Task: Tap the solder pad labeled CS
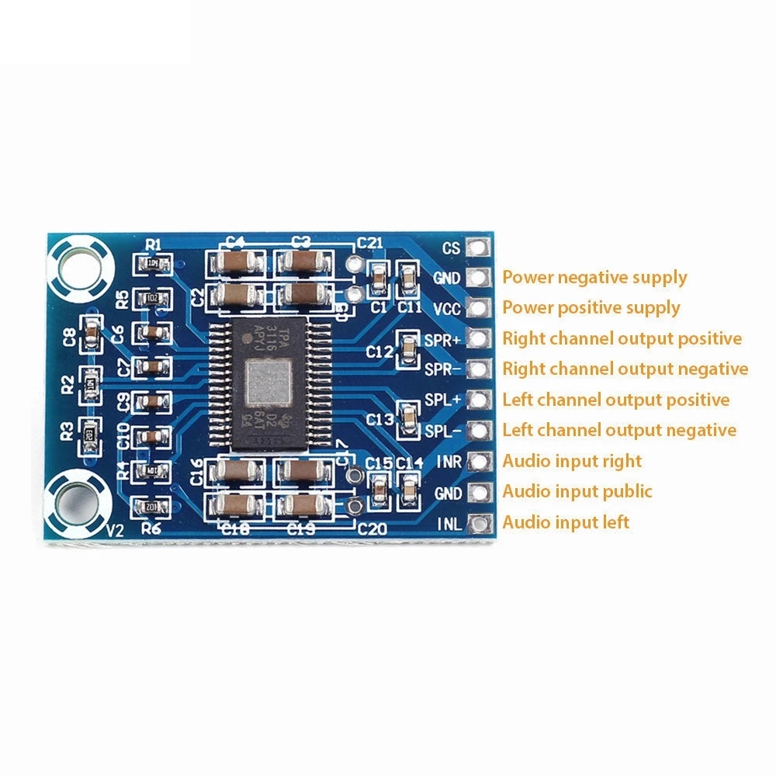480,248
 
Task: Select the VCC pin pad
480,308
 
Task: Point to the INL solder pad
480,522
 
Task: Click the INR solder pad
480,461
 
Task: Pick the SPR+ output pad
480,338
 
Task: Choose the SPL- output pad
480,430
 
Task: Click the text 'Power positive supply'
591,307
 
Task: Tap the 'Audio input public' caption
577,491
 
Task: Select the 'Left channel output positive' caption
616,400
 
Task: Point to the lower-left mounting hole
79,500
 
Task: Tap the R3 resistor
90,431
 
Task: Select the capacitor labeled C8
91,334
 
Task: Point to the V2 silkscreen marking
115,530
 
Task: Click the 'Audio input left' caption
566,521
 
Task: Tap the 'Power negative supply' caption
594,277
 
